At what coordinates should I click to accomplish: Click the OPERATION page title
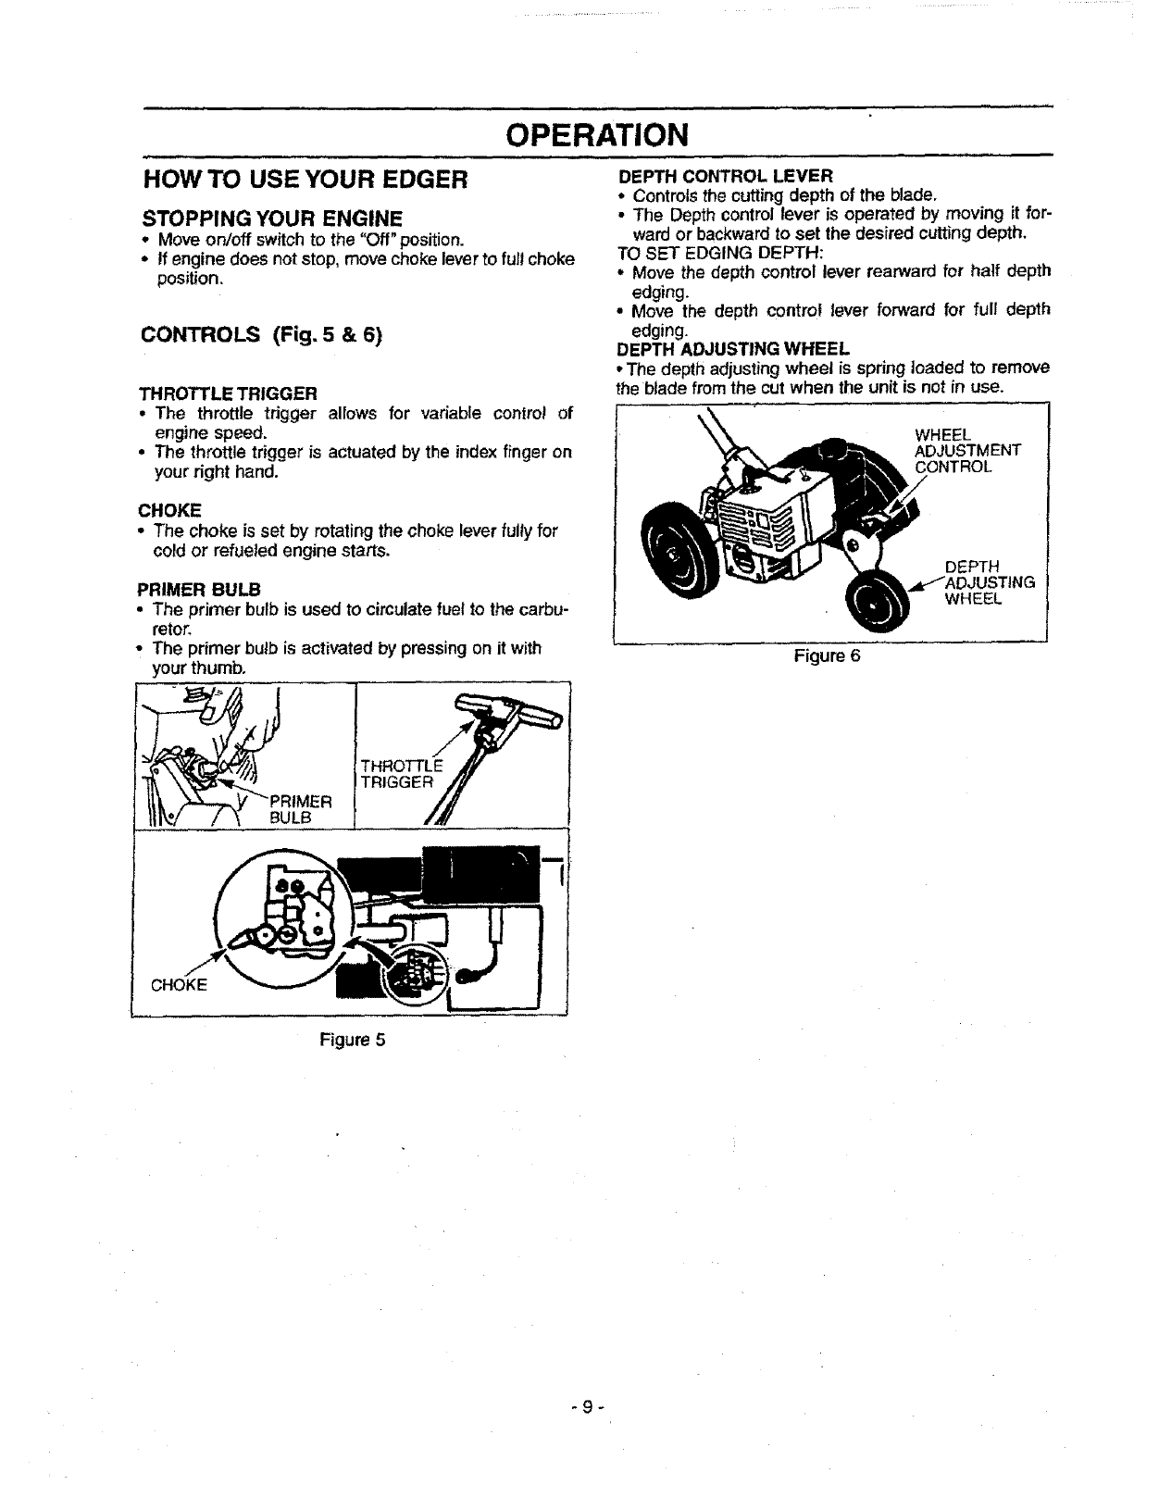(x=597, y=134)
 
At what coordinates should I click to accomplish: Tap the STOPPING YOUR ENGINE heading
(x=271, y=218)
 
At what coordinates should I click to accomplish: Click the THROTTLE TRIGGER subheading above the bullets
(x=228, y=393)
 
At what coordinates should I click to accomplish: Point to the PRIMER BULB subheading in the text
(x=199, y=589)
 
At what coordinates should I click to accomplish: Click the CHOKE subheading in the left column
(x=169, y=510)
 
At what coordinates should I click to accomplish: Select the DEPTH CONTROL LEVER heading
(x=726, y=175)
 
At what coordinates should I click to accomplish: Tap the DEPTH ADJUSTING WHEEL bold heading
(x=732, y=349)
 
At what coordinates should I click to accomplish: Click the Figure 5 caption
(x=352, y=1040)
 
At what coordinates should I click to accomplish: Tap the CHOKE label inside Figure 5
(x=179, y=984)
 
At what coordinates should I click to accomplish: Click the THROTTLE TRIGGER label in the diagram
(x=400, y=773)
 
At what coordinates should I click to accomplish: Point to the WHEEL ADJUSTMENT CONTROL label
(x=966, y=451)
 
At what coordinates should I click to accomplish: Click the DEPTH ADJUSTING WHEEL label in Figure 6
(x=988, y=582)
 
